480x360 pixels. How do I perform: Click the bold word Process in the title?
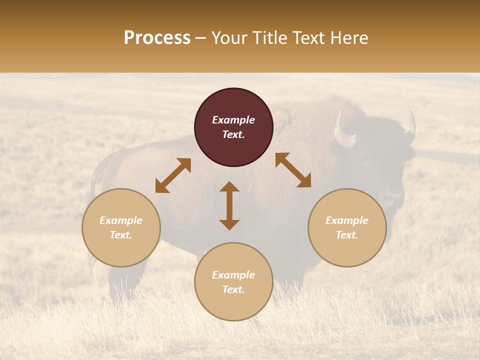coord(157,38)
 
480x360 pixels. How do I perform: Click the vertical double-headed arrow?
coord(229,205)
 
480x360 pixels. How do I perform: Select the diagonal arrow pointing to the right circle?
coord(293,170)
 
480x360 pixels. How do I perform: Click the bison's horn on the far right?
coord(411,127)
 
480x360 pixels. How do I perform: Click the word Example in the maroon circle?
coord(233,120)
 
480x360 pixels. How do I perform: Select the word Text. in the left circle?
coord(121,235)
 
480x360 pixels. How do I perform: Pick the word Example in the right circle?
coord(347,220)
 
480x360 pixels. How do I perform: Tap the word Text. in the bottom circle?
coord(233,289)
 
